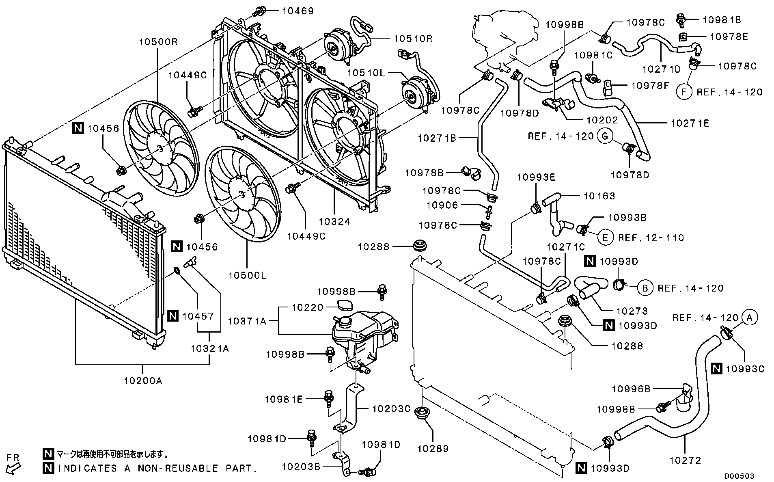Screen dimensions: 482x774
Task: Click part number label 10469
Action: [298, 11]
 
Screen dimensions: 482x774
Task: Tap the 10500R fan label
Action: [159, 42]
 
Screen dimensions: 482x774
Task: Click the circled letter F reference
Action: [684, 92]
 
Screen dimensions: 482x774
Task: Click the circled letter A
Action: [750, 318]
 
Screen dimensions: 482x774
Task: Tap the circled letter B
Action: [645, 288]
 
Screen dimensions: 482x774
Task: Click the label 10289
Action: [433, 448]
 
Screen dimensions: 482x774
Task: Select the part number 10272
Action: [685, 460]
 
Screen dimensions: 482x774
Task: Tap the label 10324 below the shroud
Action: [334, 221]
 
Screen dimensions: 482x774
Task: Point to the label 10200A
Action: [143, 380]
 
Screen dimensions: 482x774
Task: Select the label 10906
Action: [442, 205]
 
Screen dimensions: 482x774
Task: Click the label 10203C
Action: [391, 409]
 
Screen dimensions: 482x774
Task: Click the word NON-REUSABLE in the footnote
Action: [178, 468]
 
